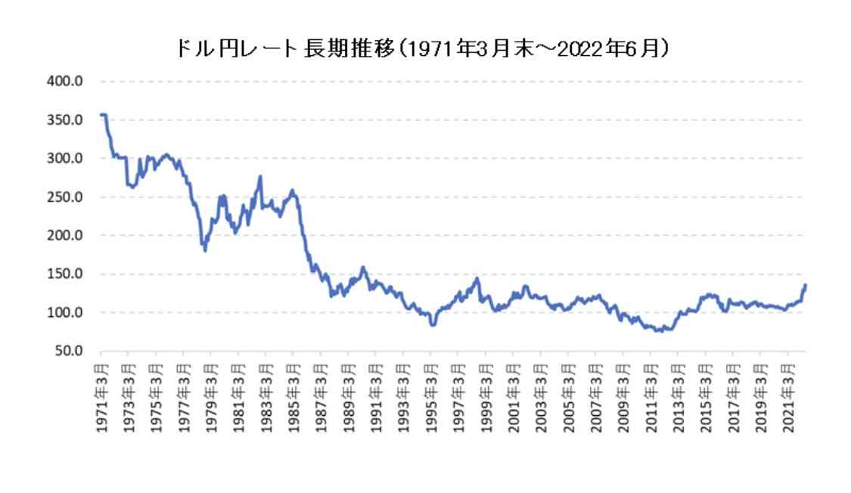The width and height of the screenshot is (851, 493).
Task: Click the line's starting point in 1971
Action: [x=101, y=115]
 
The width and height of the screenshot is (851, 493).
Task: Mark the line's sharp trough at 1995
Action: [x=433, y=325]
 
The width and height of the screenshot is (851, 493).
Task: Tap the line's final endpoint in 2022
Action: [x=806, y=285]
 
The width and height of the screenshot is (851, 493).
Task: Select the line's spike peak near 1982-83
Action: [x=260, y=177]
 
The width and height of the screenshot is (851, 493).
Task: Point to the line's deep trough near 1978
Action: [x=205, y=250]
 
